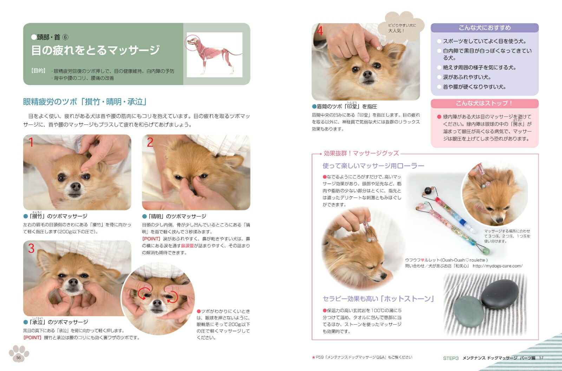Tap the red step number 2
[150, 142]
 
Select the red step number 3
[31, 248]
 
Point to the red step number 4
[320, 31]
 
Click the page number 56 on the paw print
[19, 358]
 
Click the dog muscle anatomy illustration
[214, 55]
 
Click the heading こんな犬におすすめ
[484, 28]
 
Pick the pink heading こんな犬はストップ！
[484, 103]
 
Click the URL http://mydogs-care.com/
[497, 266]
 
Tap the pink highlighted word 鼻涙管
[188, 246]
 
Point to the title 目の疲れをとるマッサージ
[95, 50]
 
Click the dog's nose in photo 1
[76, 186]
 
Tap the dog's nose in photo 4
[367, 74]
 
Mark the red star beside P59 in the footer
[313, 357]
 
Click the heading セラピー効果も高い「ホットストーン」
[378, 299]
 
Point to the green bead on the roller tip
[486, 251]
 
